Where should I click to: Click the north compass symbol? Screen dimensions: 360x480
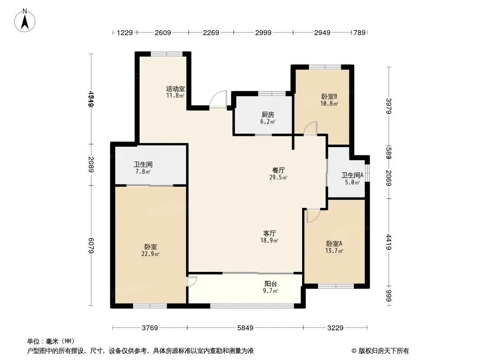26,20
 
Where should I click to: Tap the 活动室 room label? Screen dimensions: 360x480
175,89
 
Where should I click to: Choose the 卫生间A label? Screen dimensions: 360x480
352,175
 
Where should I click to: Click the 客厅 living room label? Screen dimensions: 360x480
270,233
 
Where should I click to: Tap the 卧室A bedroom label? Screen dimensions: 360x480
335,243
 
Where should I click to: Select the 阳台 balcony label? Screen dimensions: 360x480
271,284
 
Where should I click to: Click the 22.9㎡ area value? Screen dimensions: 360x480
150,254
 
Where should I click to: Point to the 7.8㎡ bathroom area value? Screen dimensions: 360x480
143,171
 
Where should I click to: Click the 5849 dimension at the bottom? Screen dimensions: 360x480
245,328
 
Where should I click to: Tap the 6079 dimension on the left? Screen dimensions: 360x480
91,246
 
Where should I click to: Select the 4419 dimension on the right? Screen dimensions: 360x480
389,242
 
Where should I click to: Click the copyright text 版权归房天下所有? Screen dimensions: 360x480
380,351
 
